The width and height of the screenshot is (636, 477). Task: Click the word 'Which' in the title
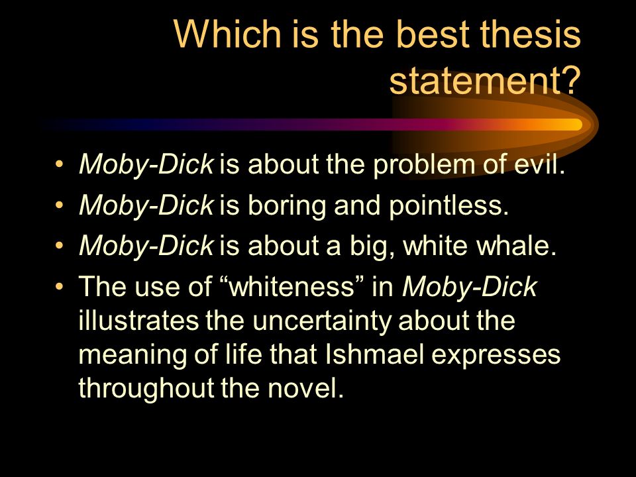[227, 33]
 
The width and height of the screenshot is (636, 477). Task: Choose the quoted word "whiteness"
[292, 286]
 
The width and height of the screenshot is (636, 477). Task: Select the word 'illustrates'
[138, 320]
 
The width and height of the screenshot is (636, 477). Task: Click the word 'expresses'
[496, 356]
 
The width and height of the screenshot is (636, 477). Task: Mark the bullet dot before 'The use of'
[59, 286]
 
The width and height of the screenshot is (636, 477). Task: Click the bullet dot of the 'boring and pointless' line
[59, 205]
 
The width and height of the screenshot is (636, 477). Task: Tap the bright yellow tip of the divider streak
[576, 125]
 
